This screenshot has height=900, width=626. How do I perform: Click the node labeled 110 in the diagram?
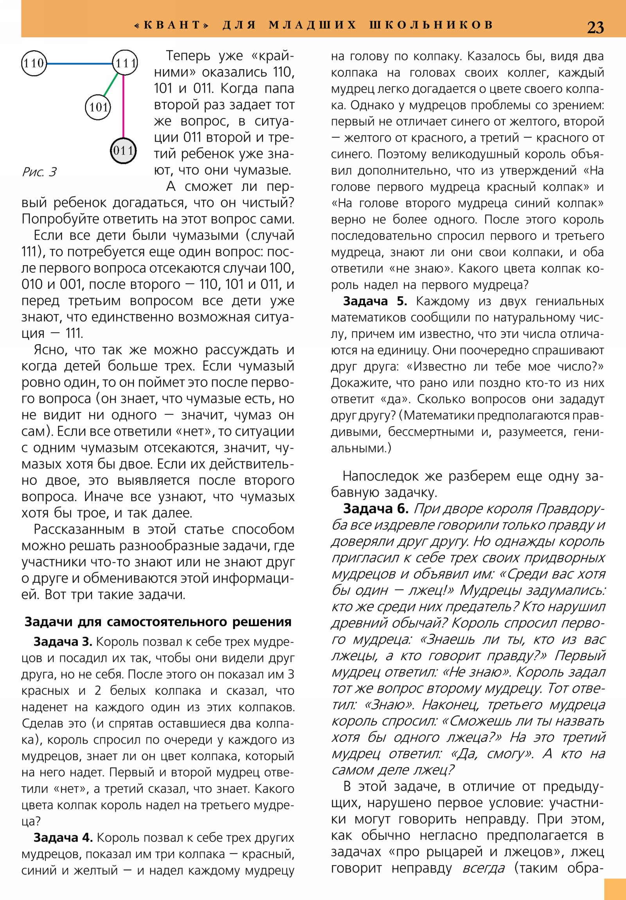pyautogui.click(x=34, y=63)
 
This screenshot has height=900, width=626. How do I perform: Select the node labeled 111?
pyautogui.click(x=125, y=63)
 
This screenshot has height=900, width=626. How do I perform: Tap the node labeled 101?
pyautogui.click(x=98, y=106)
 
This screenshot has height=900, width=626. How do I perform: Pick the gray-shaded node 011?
pyautogui.click(x=123, y=151)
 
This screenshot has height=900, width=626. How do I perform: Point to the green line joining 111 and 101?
pyautogui.click(x=111, y=85)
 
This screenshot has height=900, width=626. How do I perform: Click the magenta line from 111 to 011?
pyautogui.click(x=124, y=106)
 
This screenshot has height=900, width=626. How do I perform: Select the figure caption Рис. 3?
pyautogui.click(x=39, y=172)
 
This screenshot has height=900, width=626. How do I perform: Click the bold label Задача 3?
pyautogui.click(x=63, y=642)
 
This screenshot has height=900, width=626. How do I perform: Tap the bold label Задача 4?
pyautogui.click(x=63, y=838)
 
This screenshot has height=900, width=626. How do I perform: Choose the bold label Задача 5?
pyautogui.click(x=375, y=301)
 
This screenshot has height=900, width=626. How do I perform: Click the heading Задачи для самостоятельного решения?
pyautogui.click(x=158, y=622)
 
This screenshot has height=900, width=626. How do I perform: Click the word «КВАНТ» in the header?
pyautogui.click(x=172, y=25)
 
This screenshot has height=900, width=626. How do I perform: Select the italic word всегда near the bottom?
pyautogui.click(x=483, y=868)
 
